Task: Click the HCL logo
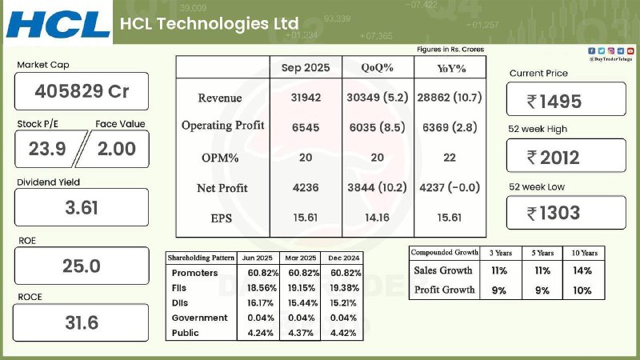pyautogui.click(x=58, y=23)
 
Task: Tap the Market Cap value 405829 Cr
pyautogui.click(x=82, y=92)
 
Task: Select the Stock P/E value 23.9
pyautogui.click(x=46, y=148)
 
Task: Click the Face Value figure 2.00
pyautogui.click(x=117, y=148)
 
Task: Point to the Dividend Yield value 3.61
pyautogui.click(x=82, y=208)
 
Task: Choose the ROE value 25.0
pyautogui.click(x=82, y=266)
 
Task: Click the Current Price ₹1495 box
pyautogui.click(x=566, y=101)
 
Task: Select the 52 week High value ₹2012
pyautogui.click(x=566, y=157)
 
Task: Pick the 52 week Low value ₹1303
pyautogui.click(x=566, y=213)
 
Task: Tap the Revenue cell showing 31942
pyautogui.click(x=305, y=98)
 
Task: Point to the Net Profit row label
pyautogui.click(x=222, y=188)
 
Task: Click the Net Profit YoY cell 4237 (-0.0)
pyautogui.click(x=450, y=188)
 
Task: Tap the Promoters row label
pyautogui.click(x=190, y=273)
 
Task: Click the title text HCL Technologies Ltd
pyautogui.click(x=208, y=23)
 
